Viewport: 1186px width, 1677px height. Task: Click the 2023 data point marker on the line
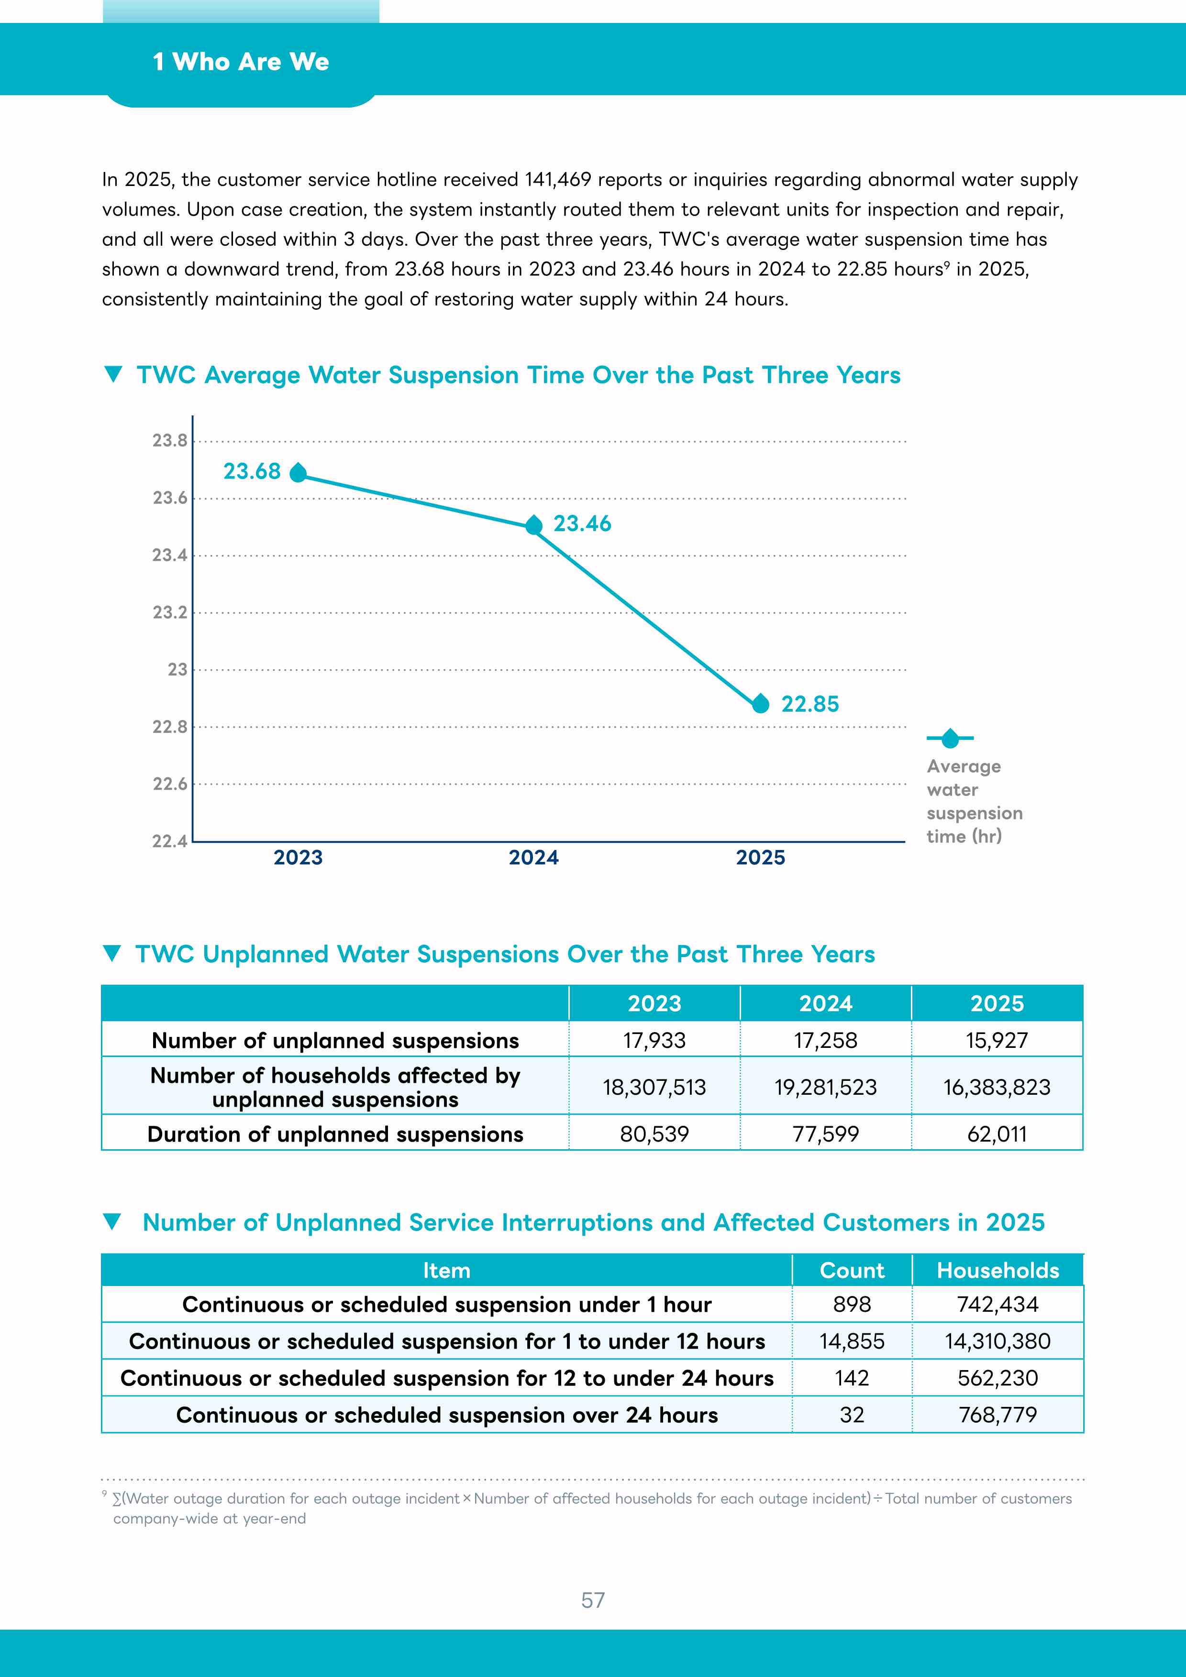(298, 473)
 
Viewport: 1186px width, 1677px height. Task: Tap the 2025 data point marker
(761, 703)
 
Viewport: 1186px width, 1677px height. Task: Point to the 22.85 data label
(810, 704)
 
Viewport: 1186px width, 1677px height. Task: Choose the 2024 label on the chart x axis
(533, 858)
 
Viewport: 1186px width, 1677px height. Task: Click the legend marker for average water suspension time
(950, 739)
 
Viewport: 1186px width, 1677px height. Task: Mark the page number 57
(593, 1601)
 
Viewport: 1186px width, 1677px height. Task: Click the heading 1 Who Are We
(241, 62)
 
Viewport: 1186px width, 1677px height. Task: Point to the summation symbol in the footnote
(117, 1499)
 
